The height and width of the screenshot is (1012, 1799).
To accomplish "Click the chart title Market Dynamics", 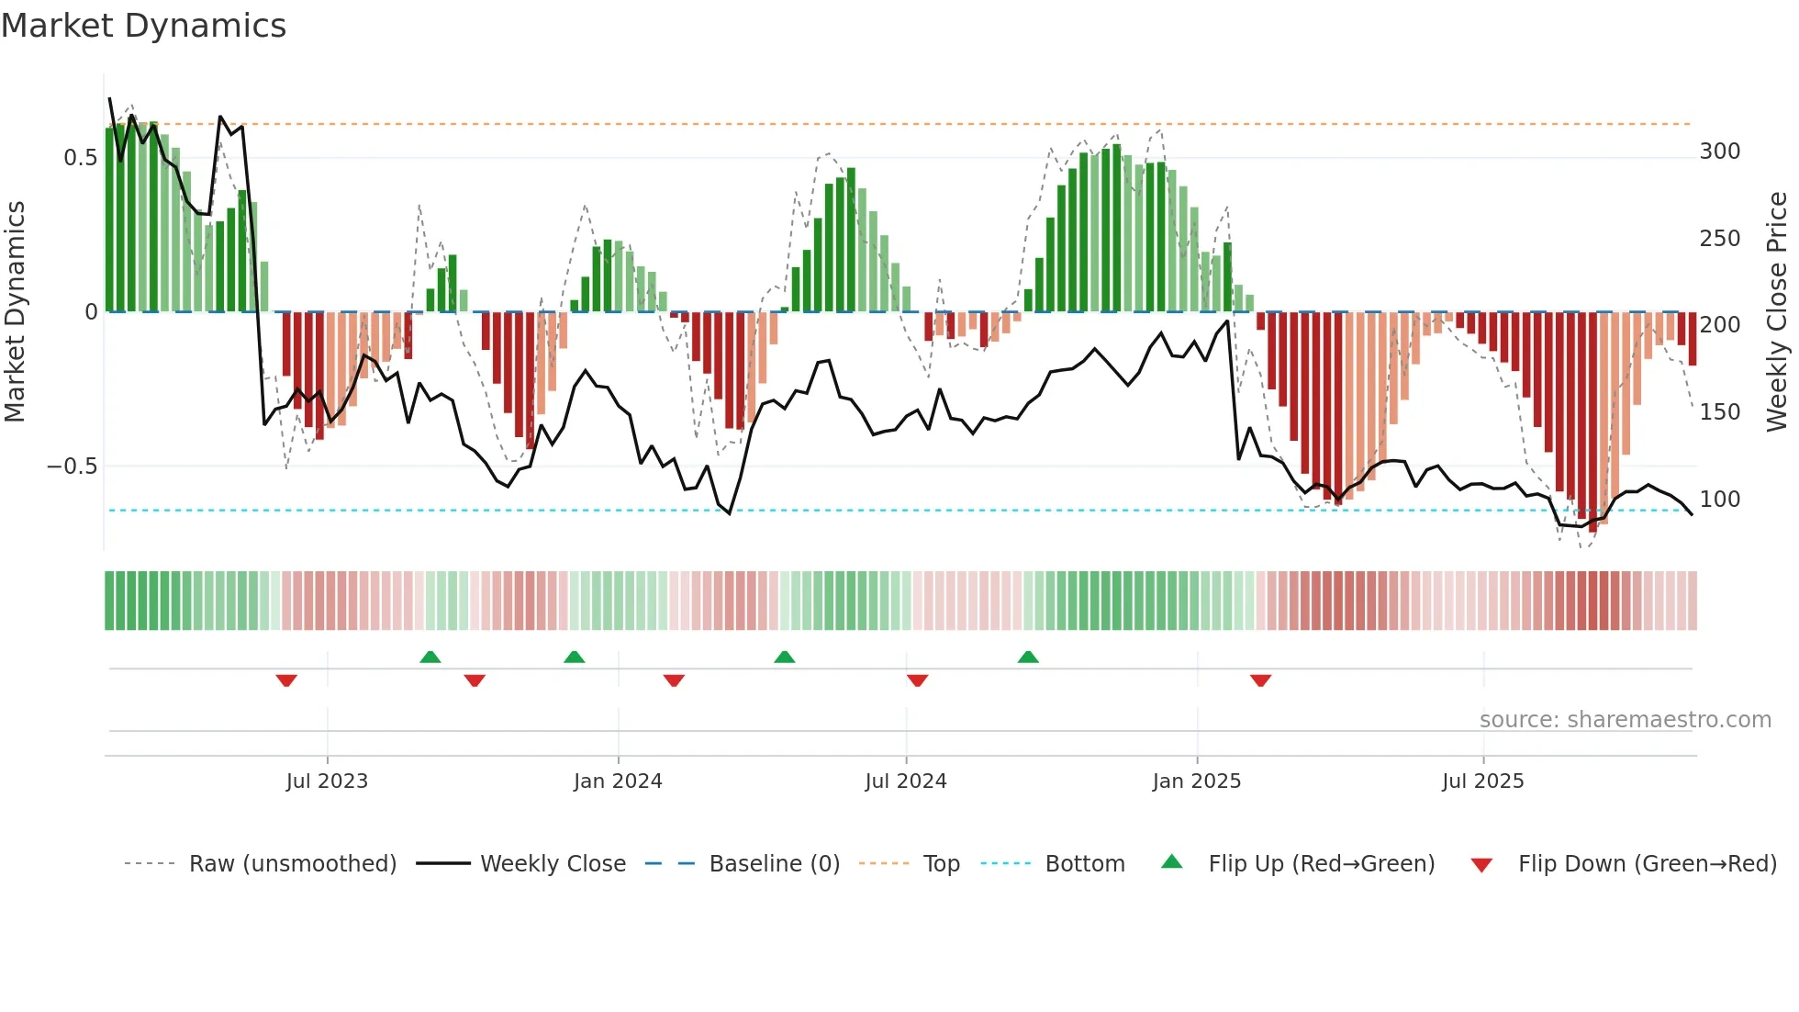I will coord(143,26).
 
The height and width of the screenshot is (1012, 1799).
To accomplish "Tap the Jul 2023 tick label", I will coord(327,781).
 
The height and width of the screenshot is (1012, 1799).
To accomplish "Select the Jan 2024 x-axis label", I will coord(618,781).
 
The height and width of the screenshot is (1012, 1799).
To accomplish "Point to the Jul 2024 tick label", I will coord(906,781).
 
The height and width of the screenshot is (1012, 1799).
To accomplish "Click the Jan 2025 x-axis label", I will coord(1197,781).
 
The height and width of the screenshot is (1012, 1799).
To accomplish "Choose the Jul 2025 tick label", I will coord(1483,781).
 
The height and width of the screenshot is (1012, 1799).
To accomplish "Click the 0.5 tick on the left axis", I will coord(81,158).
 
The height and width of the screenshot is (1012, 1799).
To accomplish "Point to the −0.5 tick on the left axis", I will coord(73,467).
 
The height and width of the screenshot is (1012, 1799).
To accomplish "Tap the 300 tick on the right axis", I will coord(1720,152).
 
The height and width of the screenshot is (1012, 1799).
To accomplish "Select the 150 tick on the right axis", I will coord(1720,412).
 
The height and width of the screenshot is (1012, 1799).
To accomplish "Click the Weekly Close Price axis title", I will coord(1777,312).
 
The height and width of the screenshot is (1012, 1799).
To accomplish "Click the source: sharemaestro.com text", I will coord(1626,720).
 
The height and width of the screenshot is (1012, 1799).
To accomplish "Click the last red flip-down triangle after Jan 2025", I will coord(1260,680).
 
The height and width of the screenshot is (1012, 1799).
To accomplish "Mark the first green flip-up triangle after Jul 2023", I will coord(430,657).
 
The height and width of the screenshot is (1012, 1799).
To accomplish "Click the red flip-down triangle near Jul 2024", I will coord(917,680).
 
